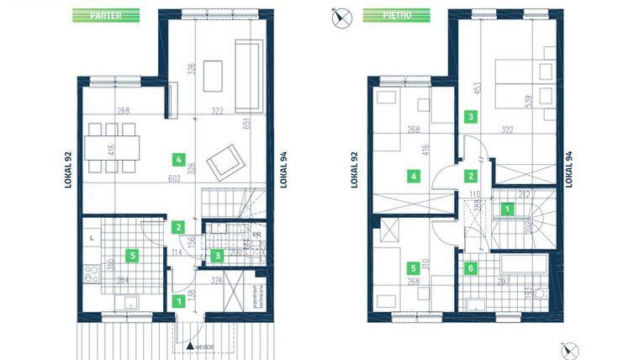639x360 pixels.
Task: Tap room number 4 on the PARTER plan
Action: point(177,157)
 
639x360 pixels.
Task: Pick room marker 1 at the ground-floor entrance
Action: point(177,299)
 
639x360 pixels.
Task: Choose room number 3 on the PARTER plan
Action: point(218,255)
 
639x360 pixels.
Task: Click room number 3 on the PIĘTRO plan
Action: point(471,117)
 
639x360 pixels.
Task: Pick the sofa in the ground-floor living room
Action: point(248,76)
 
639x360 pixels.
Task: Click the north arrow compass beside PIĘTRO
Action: point(341,16)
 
